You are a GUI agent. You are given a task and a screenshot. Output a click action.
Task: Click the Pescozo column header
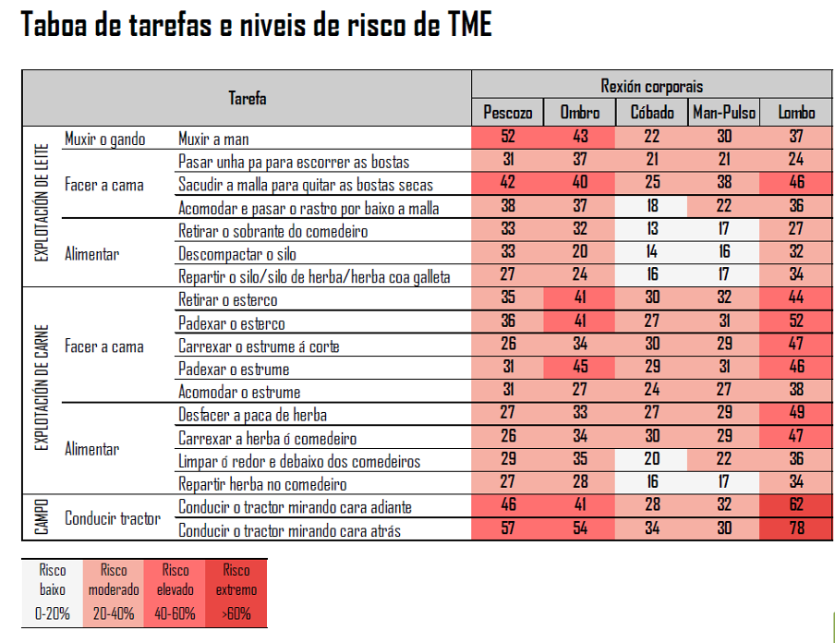tap(507, 113)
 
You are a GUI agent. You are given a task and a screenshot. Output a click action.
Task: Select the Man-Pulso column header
tap(724, 113)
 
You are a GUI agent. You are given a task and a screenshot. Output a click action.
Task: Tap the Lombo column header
tap(796, 113)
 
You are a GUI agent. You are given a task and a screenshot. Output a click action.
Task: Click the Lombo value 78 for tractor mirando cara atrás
tap(796, 528)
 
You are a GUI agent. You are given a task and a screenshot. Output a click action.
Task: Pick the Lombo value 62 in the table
tap(796, 505)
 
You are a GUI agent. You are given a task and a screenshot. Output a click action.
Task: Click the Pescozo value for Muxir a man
tap(507, 137)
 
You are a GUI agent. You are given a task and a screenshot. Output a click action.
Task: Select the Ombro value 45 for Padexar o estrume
tap(580, 367)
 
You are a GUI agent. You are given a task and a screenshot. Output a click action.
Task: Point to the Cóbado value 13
tap(652, 229)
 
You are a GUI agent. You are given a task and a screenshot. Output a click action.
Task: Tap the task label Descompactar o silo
tap(237, 254)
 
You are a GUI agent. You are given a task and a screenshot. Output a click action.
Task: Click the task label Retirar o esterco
tap(228, 300)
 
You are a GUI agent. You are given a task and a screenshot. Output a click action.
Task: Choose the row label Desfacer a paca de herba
tap(252, 415)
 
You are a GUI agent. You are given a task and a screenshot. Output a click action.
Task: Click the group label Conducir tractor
tap(113, 518)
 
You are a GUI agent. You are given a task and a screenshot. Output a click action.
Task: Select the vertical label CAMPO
tap(42, 516)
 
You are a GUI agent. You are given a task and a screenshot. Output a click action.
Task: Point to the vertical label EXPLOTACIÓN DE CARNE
tap(42, 387)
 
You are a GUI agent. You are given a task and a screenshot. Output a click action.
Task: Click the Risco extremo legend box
tap(236, 592)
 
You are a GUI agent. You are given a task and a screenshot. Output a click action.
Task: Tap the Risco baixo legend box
tap(52, 592)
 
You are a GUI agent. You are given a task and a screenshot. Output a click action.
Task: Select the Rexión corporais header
tap(651, 86)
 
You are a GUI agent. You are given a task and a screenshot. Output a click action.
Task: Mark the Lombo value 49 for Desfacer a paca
tap(796, 413)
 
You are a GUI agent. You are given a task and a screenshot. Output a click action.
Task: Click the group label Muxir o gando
tap(105, 140)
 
